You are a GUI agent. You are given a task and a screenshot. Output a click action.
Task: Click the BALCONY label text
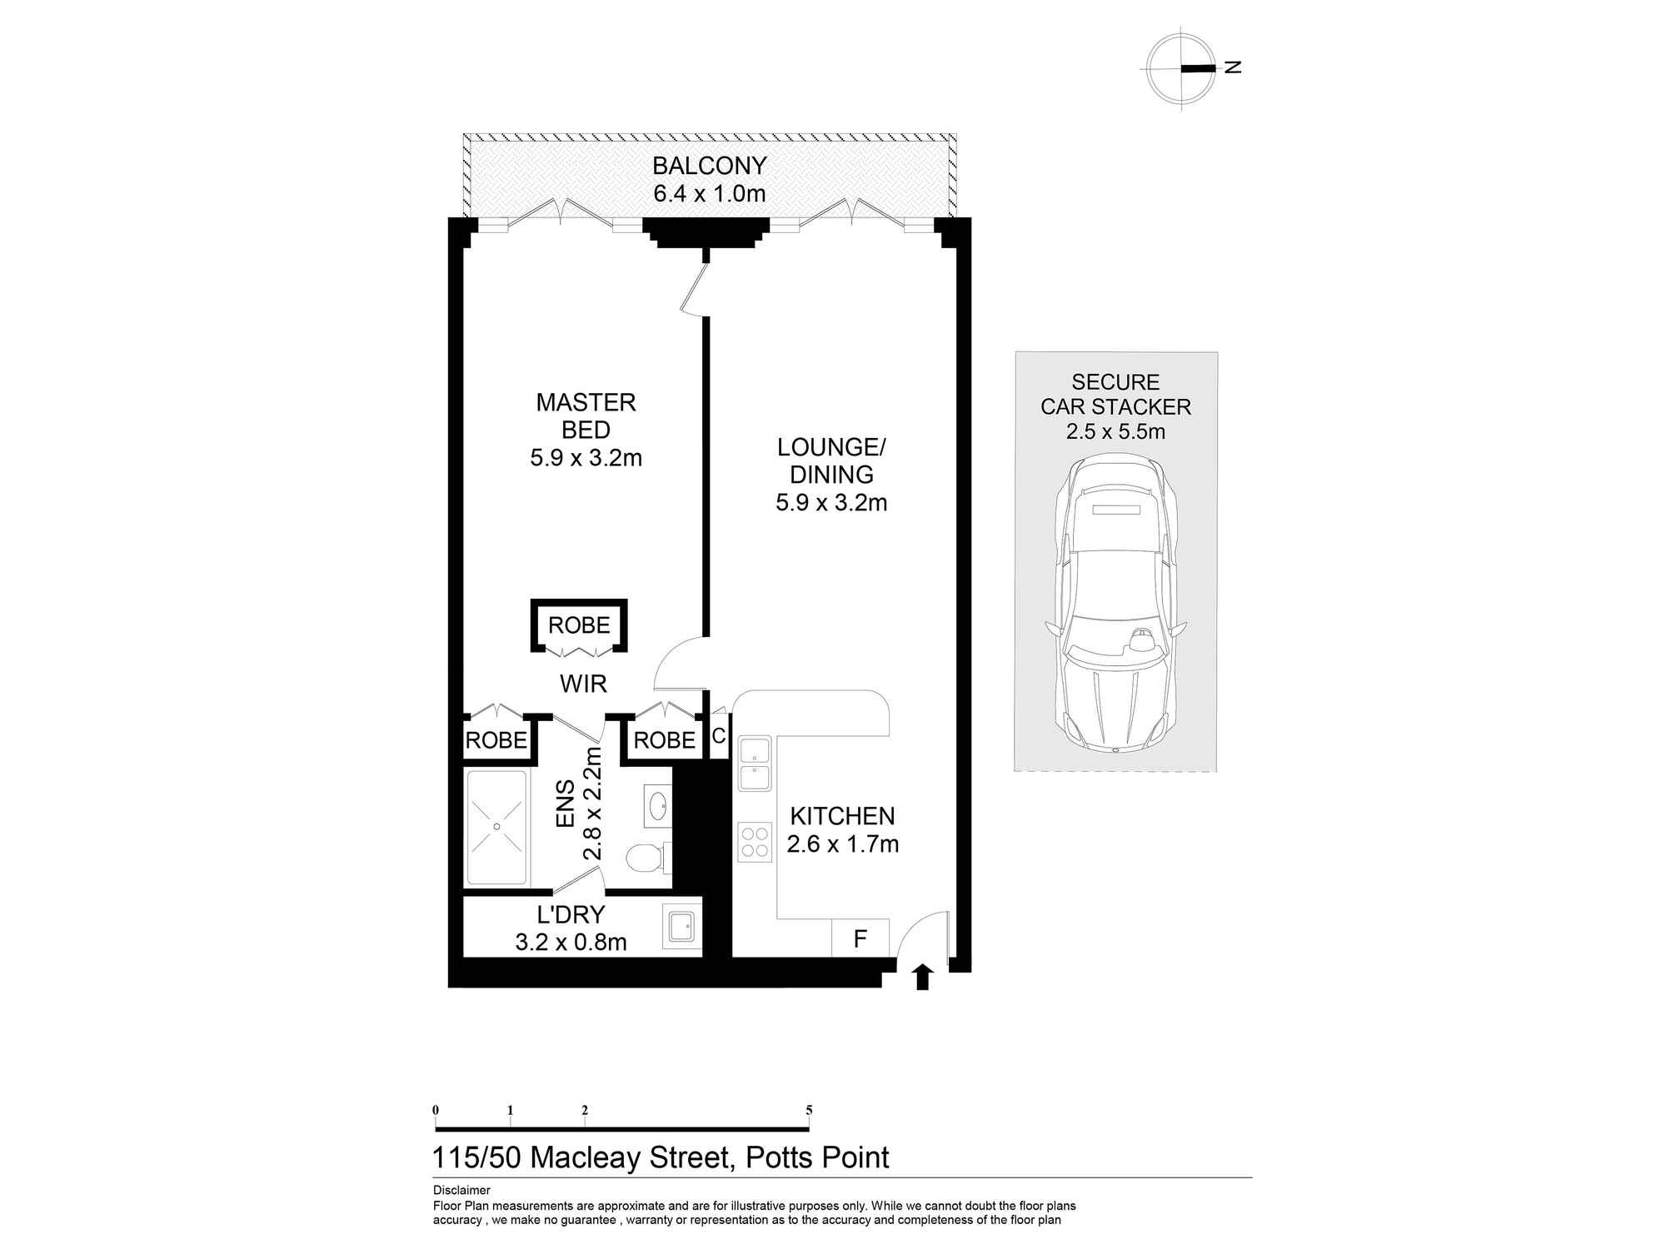click(x=709, y=166)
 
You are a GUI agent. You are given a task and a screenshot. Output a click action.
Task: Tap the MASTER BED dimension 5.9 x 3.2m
click(x=586, y=458)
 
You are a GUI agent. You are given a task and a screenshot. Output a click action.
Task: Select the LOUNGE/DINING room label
click(x=831, y=460)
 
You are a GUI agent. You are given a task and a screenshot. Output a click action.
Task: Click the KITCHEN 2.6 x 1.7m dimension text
click(x=842, y=844)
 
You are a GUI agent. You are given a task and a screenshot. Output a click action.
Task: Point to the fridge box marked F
click(x=860, y=939)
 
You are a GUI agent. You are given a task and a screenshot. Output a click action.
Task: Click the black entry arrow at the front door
click(x=921, y=977)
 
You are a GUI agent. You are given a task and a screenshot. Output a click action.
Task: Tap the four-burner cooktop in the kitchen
click(x=755, y=841)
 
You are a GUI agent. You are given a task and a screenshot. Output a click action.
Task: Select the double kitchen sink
click(x=754, y=764)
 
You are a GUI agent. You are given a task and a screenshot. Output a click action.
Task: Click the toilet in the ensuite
click(x=646, y=857)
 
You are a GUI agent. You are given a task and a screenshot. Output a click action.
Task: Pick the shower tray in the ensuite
click(x=496, y=827)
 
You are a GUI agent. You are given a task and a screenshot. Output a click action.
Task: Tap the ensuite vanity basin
click(x=657, y=805)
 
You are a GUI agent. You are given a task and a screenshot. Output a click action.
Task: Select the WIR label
click(x=583, y=684)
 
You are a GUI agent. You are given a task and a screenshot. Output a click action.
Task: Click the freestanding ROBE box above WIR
click(x=579, y=625)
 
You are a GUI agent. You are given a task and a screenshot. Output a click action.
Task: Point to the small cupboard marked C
click(x=719, y=737)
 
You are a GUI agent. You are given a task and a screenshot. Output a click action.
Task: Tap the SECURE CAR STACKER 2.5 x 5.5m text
click(x=1115, y=407)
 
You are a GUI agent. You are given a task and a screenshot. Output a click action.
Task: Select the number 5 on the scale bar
click(x=809, y=1110)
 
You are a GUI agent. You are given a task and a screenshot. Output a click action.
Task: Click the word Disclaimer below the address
click(x=461, y=1191)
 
